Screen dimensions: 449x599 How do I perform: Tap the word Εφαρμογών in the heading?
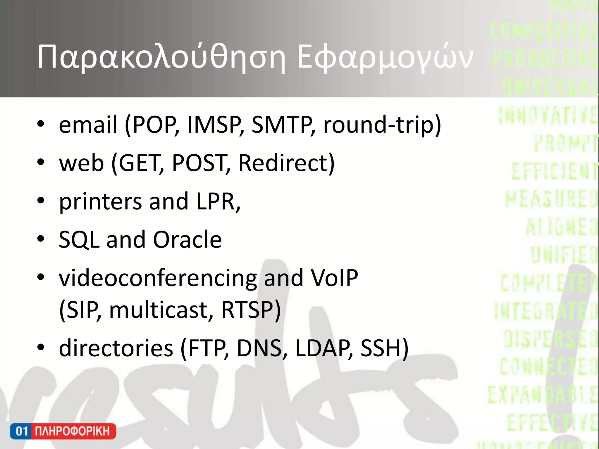[384, 57]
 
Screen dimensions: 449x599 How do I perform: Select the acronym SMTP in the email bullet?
[283, 125]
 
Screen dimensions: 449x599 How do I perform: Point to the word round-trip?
[382, 125]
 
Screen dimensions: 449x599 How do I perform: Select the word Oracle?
[187, 239]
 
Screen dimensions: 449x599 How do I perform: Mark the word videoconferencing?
[158, 278]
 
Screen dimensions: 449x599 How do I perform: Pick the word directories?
[116, 348]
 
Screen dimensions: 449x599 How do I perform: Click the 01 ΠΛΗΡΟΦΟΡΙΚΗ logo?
[63, 431]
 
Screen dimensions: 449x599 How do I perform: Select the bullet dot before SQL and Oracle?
[41, 239]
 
